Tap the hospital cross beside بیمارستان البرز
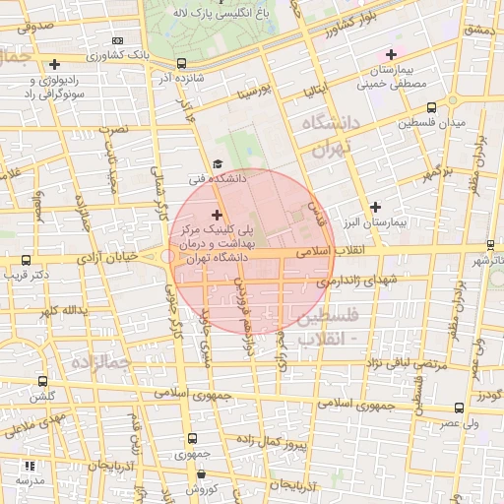click(375, 207)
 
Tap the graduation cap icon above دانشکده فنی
click(218, 164)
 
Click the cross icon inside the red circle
click(217, 214)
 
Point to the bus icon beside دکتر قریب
click(27, 262)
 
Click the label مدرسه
click(31, 479)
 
